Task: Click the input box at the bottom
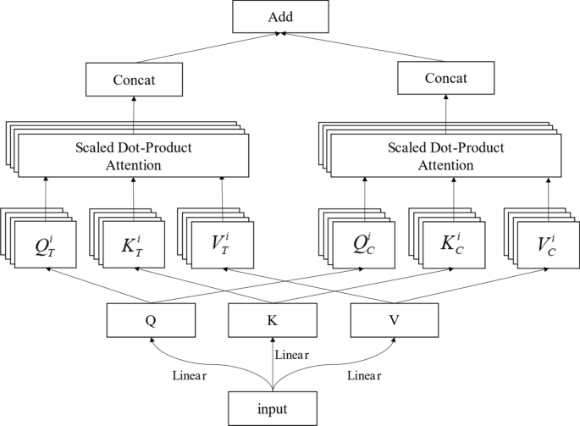tap(273, 409)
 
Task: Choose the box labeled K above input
tap(273, 321)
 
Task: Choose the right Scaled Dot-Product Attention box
tap(447, 156)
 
